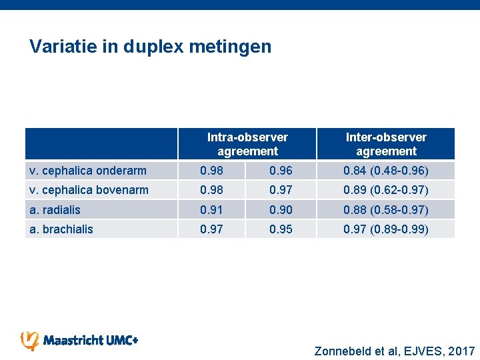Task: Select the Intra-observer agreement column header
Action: tap(247, 144)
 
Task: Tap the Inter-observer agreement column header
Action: tap(386, 144)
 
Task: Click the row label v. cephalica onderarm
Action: tap(87, 171)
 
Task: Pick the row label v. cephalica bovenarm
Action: tap(89, 190)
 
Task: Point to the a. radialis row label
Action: tap(55, 210)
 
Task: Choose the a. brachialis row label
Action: tap(61, 229)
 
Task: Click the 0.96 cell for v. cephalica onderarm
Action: tap(281, 171)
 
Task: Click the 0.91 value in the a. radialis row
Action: tap(213, 210)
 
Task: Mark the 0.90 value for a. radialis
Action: tap(281, 210)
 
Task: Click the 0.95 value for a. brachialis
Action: tap(281, 229)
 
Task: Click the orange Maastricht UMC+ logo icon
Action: tap(30, 341)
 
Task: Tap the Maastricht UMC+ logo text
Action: tap(91, 341)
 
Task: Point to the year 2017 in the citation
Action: tap(461, 351)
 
